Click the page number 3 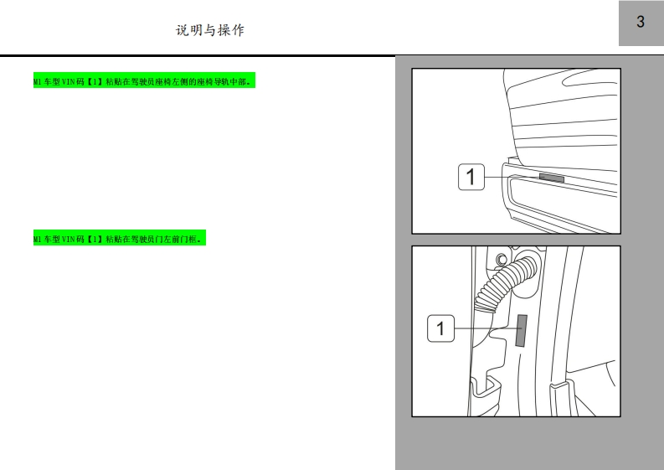point(641,22)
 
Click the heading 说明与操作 point(210,30)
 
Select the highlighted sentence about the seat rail point(144,80)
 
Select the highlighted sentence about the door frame point(120,238)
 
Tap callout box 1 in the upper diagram point(471,177)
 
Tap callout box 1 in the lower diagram point(440,328)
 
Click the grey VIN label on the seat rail point(552,178)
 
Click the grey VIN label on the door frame point(522,330)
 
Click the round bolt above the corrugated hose point(501,258)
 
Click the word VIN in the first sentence point(69,81)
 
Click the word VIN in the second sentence point(69,239)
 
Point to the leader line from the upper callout point(512,177)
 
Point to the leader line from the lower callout point(485,328)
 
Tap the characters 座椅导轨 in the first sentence point(213,81)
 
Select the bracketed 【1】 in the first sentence point(95,81)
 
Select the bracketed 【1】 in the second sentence point(95,239)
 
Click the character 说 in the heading point(182,30)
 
